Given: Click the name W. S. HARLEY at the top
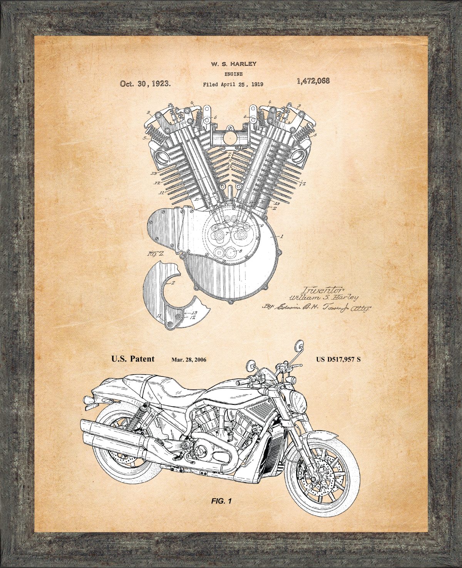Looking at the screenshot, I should click(x=233, y=64).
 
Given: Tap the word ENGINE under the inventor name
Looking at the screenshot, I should click(x=233, y=74).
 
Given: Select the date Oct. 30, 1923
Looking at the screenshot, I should click(x=146, y=84).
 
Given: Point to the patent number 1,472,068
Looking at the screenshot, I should click(x=313, y=81).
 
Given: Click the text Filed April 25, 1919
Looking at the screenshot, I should click(x=233, y=84).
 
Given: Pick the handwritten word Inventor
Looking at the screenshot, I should click(x=318, y=289).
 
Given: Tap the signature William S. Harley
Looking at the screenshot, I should click(x=323, y=297).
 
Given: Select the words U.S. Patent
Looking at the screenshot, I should click(x=133, y=359).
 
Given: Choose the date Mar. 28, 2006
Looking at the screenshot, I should click(x=189, y=360).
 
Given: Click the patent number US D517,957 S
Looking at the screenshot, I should click(x=338, y=360).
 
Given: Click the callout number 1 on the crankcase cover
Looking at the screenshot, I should click(x=282, y=237).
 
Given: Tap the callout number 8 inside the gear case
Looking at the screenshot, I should click(x=241, y=251).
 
